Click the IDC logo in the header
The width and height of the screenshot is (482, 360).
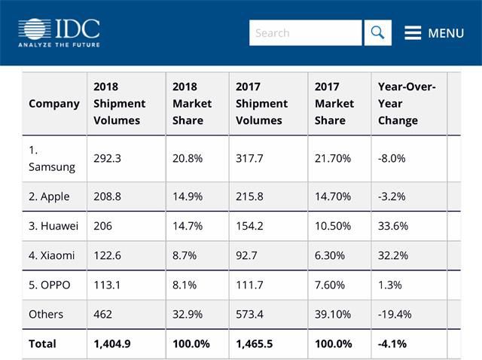tap(59, 32)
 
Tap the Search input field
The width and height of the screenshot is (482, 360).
tap(305, 33)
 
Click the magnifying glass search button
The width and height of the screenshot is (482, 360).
tap(378, 33)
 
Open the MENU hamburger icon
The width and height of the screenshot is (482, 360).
tap(412, 33)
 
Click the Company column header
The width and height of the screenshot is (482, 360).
tap(53, 104)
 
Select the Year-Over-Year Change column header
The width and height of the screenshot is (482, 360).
tap(407, 104)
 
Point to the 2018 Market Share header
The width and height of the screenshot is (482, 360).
tap(192, 104)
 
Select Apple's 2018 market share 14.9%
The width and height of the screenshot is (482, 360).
tap(188, 197)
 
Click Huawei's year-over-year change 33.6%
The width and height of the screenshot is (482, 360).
tap(393, 226)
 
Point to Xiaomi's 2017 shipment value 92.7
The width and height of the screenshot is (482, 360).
tap(249, 255)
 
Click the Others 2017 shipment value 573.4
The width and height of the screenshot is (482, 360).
tap(252, 314)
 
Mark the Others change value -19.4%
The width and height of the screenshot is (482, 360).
tap(395, 314)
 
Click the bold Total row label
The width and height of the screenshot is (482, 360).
tap(42, 343)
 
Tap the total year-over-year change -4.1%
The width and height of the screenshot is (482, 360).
tap(392, 343)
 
